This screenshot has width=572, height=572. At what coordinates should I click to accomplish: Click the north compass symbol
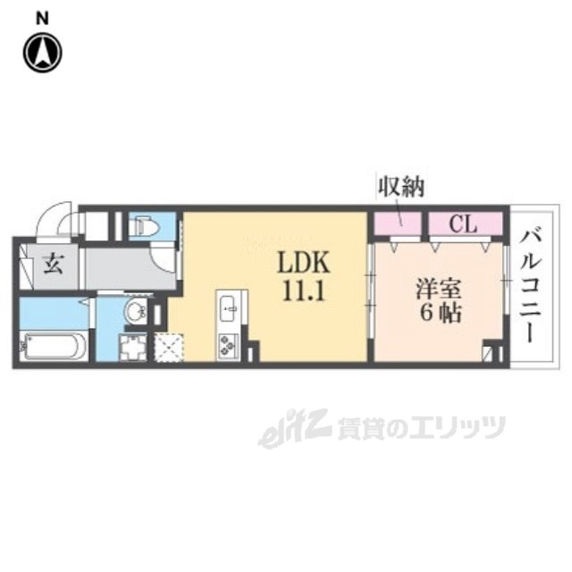42,53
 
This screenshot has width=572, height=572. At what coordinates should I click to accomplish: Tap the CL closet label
462,223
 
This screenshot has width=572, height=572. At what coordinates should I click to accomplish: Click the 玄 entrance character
52,265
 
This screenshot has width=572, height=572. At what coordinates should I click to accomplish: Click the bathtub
52,345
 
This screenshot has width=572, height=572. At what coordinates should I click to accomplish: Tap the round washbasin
135,312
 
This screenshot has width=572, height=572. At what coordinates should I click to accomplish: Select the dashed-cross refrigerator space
168,346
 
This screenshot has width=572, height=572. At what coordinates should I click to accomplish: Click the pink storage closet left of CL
397,223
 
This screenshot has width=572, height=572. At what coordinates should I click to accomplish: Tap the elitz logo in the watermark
283,432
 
